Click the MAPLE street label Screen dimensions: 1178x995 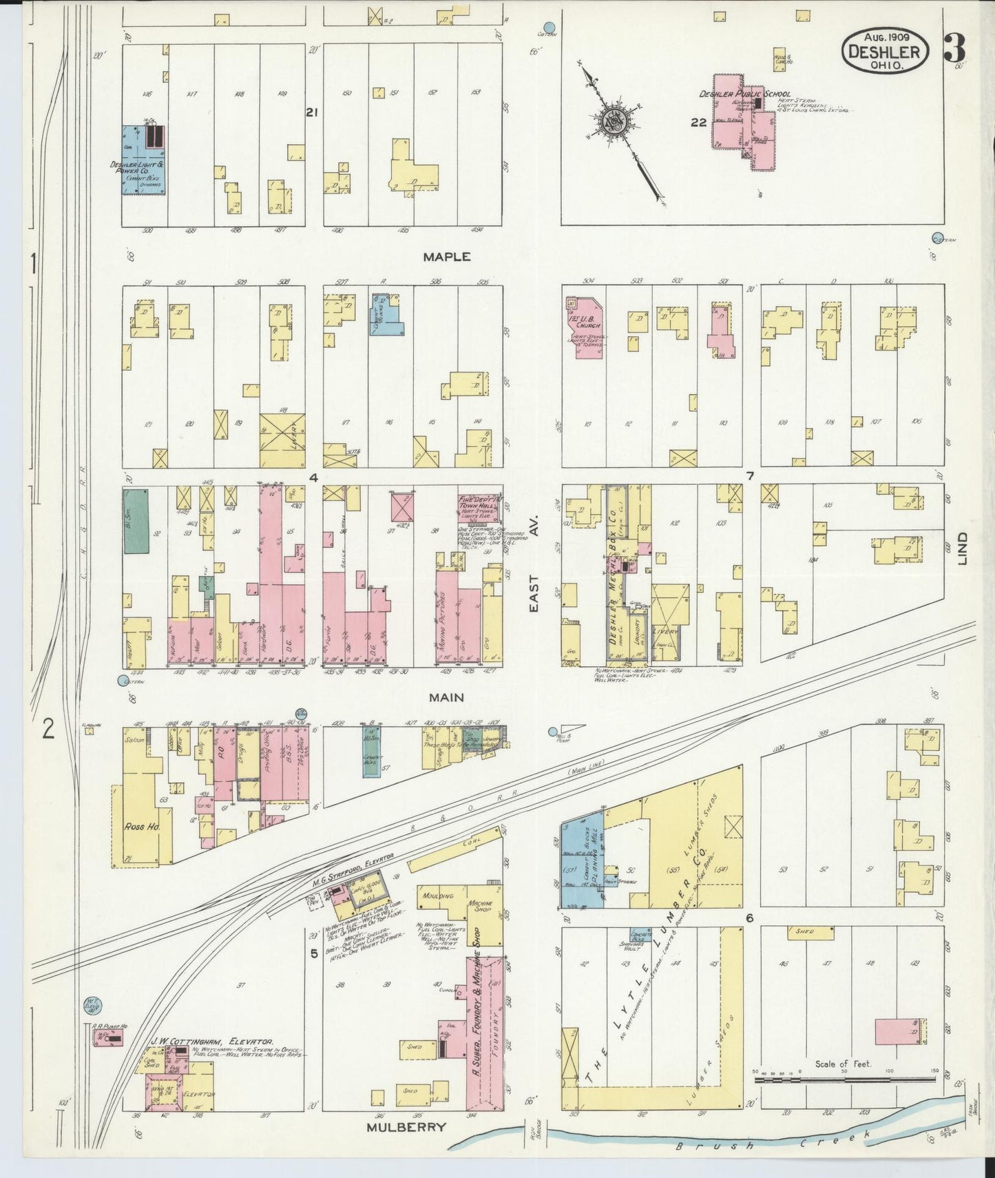coord(447,256)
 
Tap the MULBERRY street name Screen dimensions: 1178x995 coord(406,1127)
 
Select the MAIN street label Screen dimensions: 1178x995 coord(446,697)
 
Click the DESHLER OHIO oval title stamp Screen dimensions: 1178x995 coord(884,52)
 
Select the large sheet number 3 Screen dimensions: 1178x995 coord(954,48)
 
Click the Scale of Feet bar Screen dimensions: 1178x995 coord(843,1080)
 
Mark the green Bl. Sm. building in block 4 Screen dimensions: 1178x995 coord(136,521)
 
